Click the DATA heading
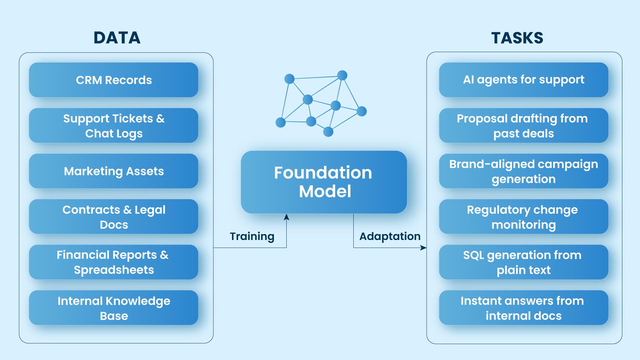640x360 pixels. point(117,38)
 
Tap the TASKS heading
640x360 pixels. point(517,38)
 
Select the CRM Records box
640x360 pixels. point(114,80)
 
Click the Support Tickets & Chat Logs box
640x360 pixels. point(114,126)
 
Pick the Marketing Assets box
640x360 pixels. point(114,171)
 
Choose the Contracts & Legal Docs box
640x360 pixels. point(114,217)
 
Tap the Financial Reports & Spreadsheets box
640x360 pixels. point(114,262)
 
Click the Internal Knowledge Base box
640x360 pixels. point(114,308)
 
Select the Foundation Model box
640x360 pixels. point(324,182)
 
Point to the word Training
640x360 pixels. point(252,236)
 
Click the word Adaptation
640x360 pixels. point(390,236)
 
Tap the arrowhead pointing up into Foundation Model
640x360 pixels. point(286,217)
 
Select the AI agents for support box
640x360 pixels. point(523,80)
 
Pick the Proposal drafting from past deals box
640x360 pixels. point(523,126)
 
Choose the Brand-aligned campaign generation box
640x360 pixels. point(523,171)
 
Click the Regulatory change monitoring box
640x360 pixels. point(523,217)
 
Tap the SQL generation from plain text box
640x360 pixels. point(523,262)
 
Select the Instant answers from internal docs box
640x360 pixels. point(523,308)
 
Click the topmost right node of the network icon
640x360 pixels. point(342,75)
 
